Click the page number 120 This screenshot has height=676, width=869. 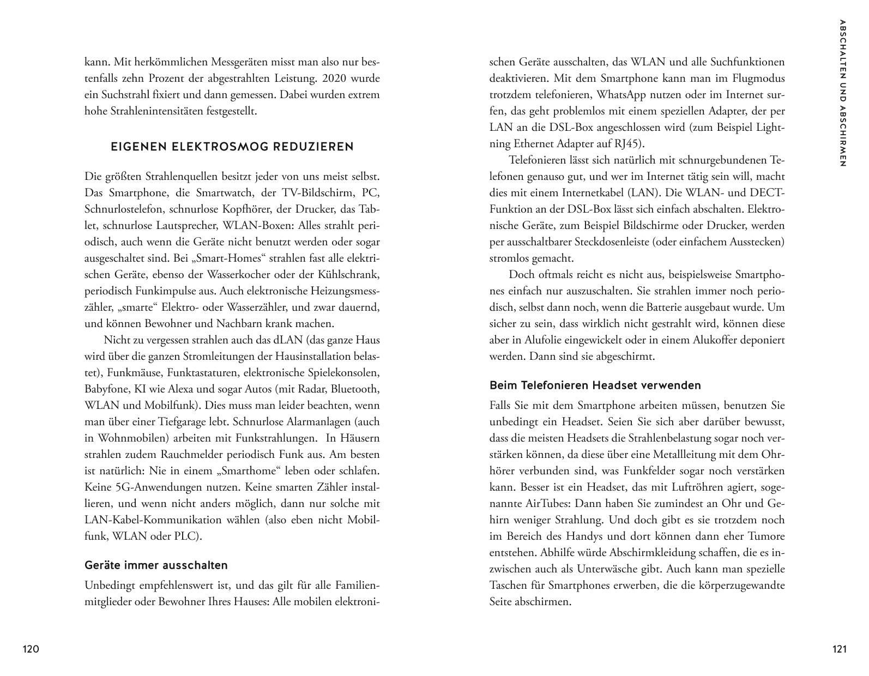31,649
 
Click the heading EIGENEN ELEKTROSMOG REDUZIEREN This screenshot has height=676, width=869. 232,147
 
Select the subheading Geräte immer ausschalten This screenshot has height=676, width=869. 156,565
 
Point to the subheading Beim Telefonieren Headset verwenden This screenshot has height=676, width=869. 595,385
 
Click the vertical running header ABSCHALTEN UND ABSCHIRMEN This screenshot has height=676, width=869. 843,93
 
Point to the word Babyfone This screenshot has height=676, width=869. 106,389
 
